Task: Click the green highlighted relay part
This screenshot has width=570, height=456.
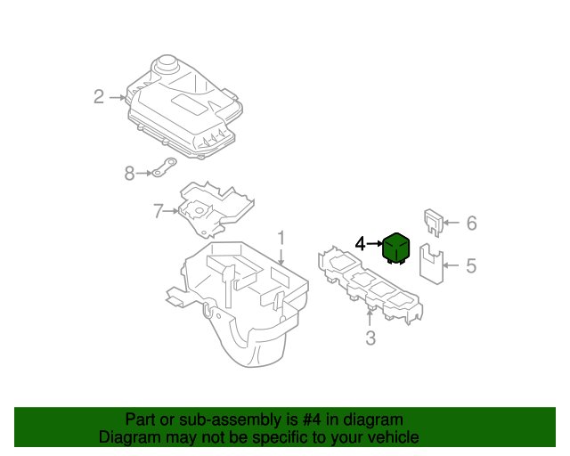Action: coord(395,249)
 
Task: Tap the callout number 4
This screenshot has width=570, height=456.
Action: coord(360,243)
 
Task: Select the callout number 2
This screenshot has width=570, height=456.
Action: coord(99,96)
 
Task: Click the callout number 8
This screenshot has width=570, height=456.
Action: coord(129,174)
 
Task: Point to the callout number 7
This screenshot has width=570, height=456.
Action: coord(158,211)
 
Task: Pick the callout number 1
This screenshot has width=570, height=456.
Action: coord(281,238)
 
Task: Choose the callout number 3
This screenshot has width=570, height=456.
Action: coord(370,338)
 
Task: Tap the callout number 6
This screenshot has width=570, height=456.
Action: coord(471,223)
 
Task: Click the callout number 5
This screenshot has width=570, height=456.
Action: coord(471,265)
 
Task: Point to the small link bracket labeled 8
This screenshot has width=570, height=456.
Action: coord(159,169)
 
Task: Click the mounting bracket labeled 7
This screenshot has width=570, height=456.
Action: coord(214,209)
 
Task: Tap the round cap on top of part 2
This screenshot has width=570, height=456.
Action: coord(165,65)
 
